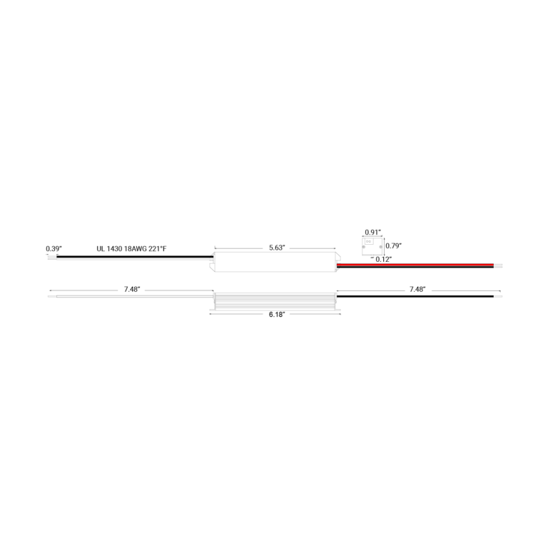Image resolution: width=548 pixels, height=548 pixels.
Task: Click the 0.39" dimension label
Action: [54, 248]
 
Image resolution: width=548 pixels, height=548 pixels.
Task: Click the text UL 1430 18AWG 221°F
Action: [131, 248]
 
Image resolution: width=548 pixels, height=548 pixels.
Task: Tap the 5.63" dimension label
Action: [277, 248]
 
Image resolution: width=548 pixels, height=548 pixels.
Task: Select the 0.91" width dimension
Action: [372, 233]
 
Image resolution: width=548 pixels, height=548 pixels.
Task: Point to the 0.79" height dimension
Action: [392, 245]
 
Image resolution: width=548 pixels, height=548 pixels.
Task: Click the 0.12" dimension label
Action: [383, 258]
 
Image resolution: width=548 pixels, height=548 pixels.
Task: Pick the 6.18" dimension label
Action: [276, 314]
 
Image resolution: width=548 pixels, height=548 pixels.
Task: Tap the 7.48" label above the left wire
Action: [131, 289]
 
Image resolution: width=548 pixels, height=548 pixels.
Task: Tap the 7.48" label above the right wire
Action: [417, 289]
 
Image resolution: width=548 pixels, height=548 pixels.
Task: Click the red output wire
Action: [414, 264]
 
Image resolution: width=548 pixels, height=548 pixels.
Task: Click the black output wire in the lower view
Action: [414, 295]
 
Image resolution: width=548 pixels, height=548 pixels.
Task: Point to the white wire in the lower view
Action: [132, 295]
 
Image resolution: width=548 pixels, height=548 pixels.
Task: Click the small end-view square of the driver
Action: [371, 245]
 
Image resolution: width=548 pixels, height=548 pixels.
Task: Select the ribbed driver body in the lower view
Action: [275, 301]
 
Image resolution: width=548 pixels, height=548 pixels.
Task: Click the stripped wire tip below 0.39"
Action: [52, 257]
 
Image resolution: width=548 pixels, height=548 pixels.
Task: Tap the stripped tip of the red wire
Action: [497, 264]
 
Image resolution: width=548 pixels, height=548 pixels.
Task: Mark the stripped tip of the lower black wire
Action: [497, 295]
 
